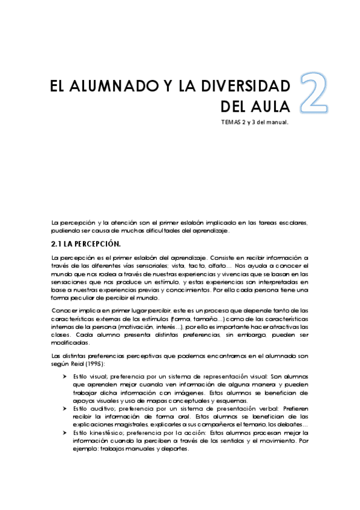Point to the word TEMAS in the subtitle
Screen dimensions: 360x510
coord(231,123)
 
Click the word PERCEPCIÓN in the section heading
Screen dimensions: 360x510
coord(96,244)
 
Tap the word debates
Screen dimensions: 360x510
coord(290,425)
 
